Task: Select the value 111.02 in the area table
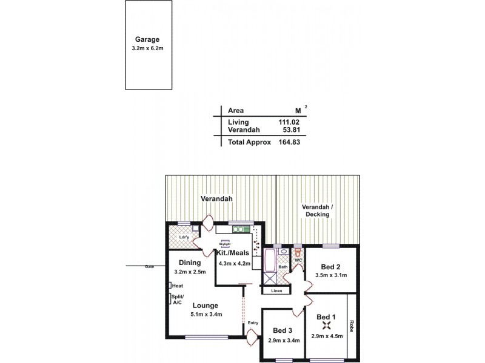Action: pos(289,122)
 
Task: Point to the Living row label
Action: pos(238,122)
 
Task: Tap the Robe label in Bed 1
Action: pos(351,326)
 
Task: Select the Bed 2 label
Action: pos(329,267)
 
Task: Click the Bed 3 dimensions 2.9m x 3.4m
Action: pos(283,340)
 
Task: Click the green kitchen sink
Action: pos(241,229)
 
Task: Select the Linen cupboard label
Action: pos(276,291)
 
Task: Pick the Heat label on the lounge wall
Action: pos(178,286)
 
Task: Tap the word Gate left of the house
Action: pos(149,266)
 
